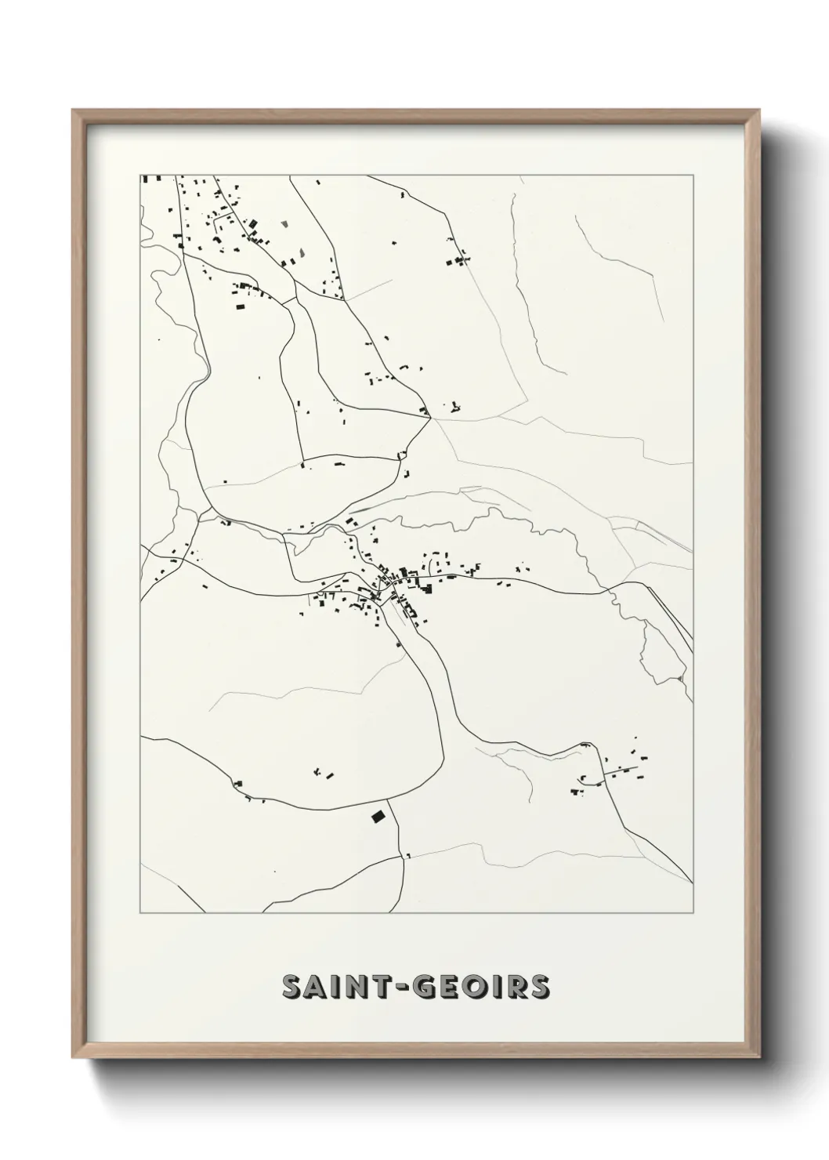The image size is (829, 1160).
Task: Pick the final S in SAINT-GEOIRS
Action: pos(540,987)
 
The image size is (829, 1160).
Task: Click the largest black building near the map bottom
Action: pos(378,816)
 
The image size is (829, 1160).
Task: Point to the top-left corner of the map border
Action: pos(140,175)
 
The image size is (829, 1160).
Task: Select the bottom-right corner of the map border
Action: pos(693,913)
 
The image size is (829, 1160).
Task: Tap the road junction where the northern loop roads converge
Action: pos(431,419)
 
